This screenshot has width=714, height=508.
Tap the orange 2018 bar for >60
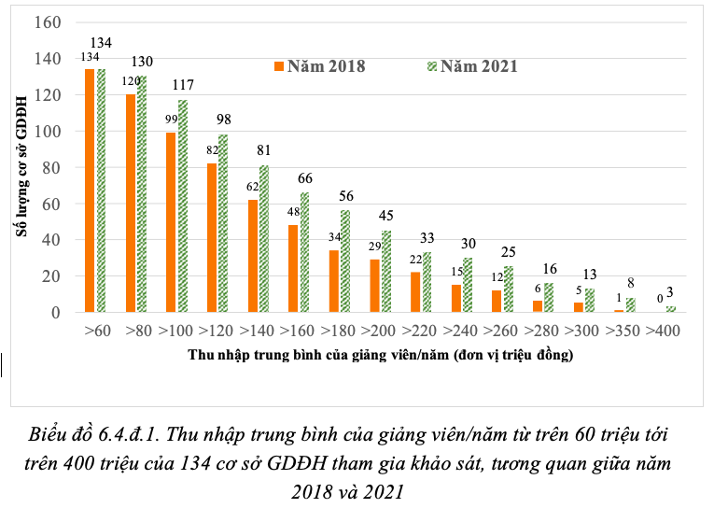click(90, 190)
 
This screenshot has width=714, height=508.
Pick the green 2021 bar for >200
click(386, 272)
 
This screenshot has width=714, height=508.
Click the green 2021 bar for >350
click(630, 305)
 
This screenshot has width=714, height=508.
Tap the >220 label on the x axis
click(421, 332)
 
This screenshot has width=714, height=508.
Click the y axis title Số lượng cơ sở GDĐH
click(21, 168)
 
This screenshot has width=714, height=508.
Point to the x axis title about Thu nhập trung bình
click(380, 356)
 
